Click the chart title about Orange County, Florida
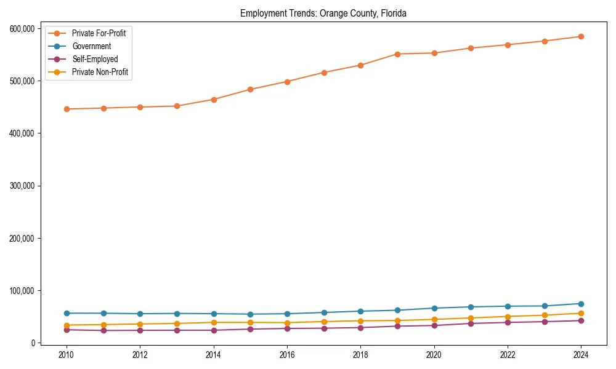[323, 13]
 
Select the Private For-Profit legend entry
[99, 33]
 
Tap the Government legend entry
[91, 46]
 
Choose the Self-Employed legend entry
[94, 59]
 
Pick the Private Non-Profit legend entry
[100, 72]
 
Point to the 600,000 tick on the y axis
[22, 28]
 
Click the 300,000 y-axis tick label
[22, 186]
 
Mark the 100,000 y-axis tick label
[22, 290]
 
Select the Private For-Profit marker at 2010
[67, 109]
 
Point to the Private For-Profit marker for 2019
[397, 54]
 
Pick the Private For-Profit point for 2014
[214, 99]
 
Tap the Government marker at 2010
[67, 313]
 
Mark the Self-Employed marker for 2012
[140, 330]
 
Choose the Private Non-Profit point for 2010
[67, 325]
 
